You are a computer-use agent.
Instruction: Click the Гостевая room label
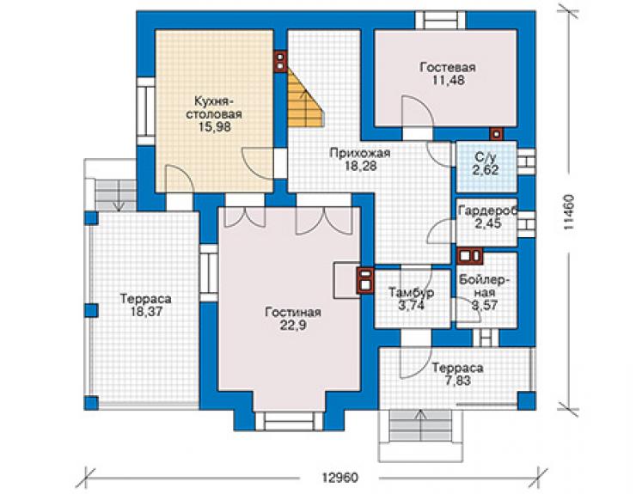pyautogui.click(x=448, y=67)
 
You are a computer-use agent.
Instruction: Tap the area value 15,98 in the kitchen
pyautogui.click(x=215, y=126)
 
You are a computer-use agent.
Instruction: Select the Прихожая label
pyautogui.click(x=360, y=153)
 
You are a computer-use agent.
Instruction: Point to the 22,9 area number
pyautogui.click(x=293, y=326)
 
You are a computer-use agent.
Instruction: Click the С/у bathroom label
pyautogui.click(x=486, y=157)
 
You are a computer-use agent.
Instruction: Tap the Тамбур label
pyautogui.click(x=412, y=292)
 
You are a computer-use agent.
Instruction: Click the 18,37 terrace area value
pyautogui.click(x=145, y=312)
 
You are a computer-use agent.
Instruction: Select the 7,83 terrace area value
pyautogui.click(x=457, y=381)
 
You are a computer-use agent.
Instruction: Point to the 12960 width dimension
pyautogui.click(x=340, y=478)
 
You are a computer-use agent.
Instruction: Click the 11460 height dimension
pyautogui.click(x=568, y=212)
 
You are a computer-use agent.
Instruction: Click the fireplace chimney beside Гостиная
pyautogui.click(x=364, y=280)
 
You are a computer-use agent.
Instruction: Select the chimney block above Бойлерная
pyautogui.click(x=470, y=256)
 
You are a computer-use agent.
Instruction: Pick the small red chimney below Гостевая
pyautogui.click(x=496, y=134)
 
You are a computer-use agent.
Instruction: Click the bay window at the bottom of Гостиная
pyautogui.click(x=290, y=421)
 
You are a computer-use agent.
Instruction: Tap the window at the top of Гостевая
pyautogui.click(x=441, y=20)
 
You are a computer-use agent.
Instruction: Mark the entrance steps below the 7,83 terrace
pyautogui.click(x=419, y=430)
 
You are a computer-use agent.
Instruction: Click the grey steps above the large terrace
pyautogui.click(x=116, y=195)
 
